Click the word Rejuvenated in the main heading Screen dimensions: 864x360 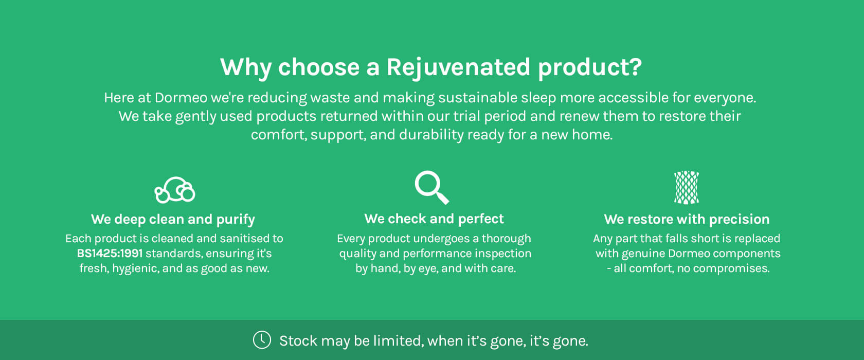tap(458, 68)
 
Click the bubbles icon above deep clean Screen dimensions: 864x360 tap(175, 190)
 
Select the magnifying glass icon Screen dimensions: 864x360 tap(431, 187)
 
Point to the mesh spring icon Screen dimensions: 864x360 tap(687, 188)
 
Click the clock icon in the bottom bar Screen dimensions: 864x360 tap(262, 340)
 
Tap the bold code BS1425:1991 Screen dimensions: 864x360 tap(110, 253)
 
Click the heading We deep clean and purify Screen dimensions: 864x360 tap(173, 219)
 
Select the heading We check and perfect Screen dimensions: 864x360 tap(434, 219)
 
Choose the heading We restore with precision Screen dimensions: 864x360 tap(687, 219)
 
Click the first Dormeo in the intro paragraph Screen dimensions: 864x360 tap(181, 98)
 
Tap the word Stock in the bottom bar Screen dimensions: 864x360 tap(298, 340)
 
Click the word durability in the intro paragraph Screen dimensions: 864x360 tap(431, 135)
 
